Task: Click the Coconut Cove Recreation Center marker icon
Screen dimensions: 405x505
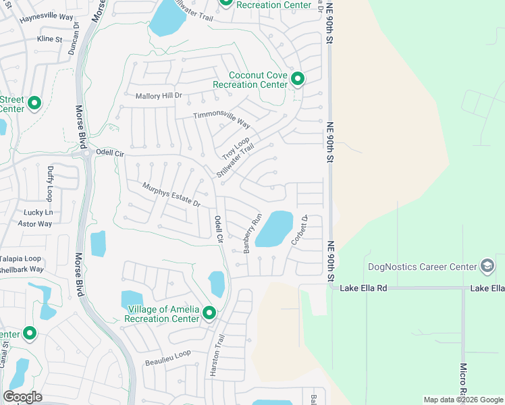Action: click(297, 80)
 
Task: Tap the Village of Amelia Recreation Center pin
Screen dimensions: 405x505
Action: click(209, 313)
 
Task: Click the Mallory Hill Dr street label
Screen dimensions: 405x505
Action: click(159, 96)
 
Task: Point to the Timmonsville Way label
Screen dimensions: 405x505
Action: click(221, 119)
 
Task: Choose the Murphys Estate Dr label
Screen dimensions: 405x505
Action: click(171, 194)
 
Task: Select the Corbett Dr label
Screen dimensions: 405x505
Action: click(299, 230)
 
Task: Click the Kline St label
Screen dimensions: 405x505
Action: click(49, 39)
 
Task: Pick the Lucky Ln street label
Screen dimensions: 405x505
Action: click(38, 212)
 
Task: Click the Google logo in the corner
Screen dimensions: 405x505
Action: click(22, 397)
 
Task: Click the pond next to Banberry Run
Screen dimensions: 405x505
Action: click(275, 230)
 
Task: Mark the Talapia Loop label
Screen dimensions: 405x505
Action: click(20, 259)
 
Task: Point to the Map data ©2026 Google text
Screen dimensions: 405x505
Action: click(462, 400)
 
